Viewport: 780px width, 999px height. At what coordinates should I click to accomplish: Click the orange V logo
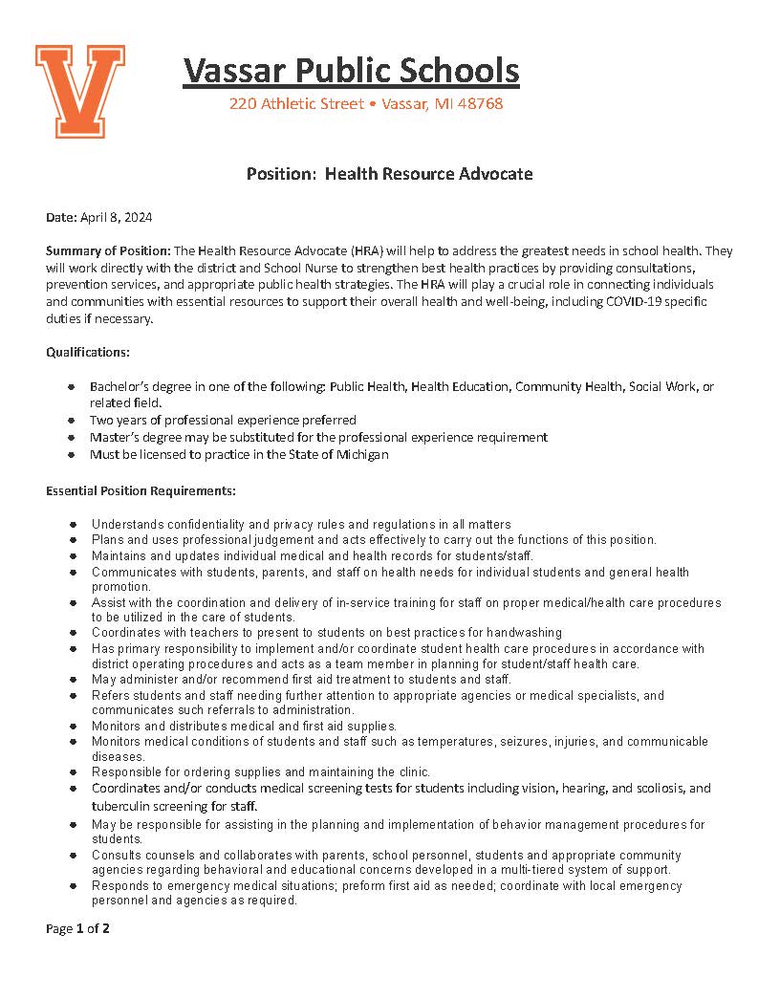(x=79, y=90)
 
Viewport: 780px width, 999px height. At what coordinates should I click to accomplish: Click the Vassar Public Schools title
(x=351, y=71)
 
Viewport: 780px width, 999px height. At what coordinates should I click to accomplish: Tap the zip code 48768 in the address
(x=482, y=103)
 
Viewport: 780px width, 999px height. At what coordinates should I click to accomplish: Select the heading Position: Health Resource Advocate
(x=389, y=174)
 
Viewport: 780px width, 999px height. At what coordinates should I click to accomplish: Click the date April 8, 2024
(x=117, y=217)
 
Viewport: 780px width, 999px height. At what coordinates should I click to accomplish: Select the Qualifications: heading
(x=88, y=352)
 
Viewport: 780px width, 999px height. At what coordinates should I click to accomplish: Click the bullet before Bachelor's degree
(x=72, y=387)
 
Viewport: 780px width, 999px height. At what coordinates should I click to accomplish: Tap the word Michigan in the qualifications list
(x=362, y=454)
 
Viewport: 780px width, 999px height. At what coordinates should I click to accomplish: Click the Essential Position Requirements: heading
(x=141, y=490)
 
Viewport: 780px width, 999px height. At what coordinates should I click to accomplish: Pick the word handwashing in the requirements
(x=524, y=632)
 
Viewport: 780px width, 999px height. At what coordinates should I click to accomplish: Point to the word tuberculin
(x=122, y=805)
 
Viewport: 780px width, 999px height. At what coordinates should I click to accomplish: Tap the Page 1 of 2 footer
(x=78, y=928)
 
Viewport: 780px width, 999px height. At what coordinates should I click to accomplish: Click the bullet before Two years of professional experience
(x=72, y=421)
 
